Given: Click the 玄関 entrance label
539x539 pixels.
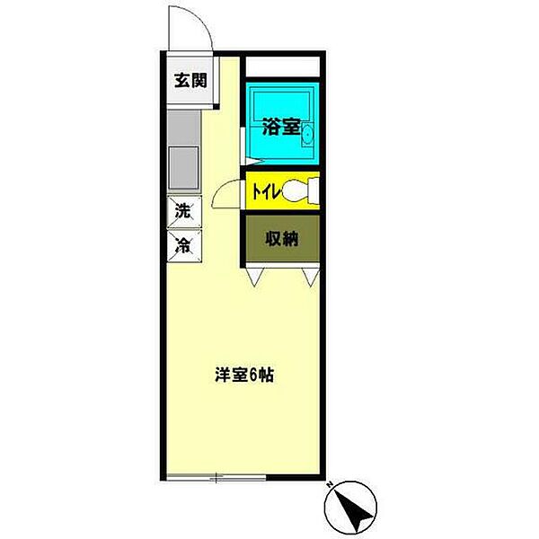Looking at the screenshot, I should pyautogui.click(x=190, y=81).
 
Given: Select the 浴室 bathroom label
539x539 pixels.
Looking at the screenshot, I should pyautogui.click(x=280, y=127).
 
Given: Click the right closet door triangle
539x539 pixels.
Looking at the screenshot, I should pyautogui.click(x=311, y=277).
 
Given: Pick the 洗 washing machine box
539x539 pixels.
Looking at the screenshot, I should pyautogui.click(x=183, y=213).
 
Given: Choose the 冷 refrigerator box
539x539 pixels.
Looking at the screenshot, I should pyautogui.click(x=183, y=243).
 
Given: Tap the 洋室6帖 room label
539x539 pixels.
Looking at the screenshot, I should pyautogui.click(x=243, y=376).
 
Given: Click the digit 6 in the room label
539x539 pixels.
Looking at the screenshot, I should pyautogui.click(x=257, y=376).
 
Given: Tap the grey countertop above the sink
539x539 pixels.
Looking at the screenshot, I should pyautogui.click(x=184, y=127).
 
